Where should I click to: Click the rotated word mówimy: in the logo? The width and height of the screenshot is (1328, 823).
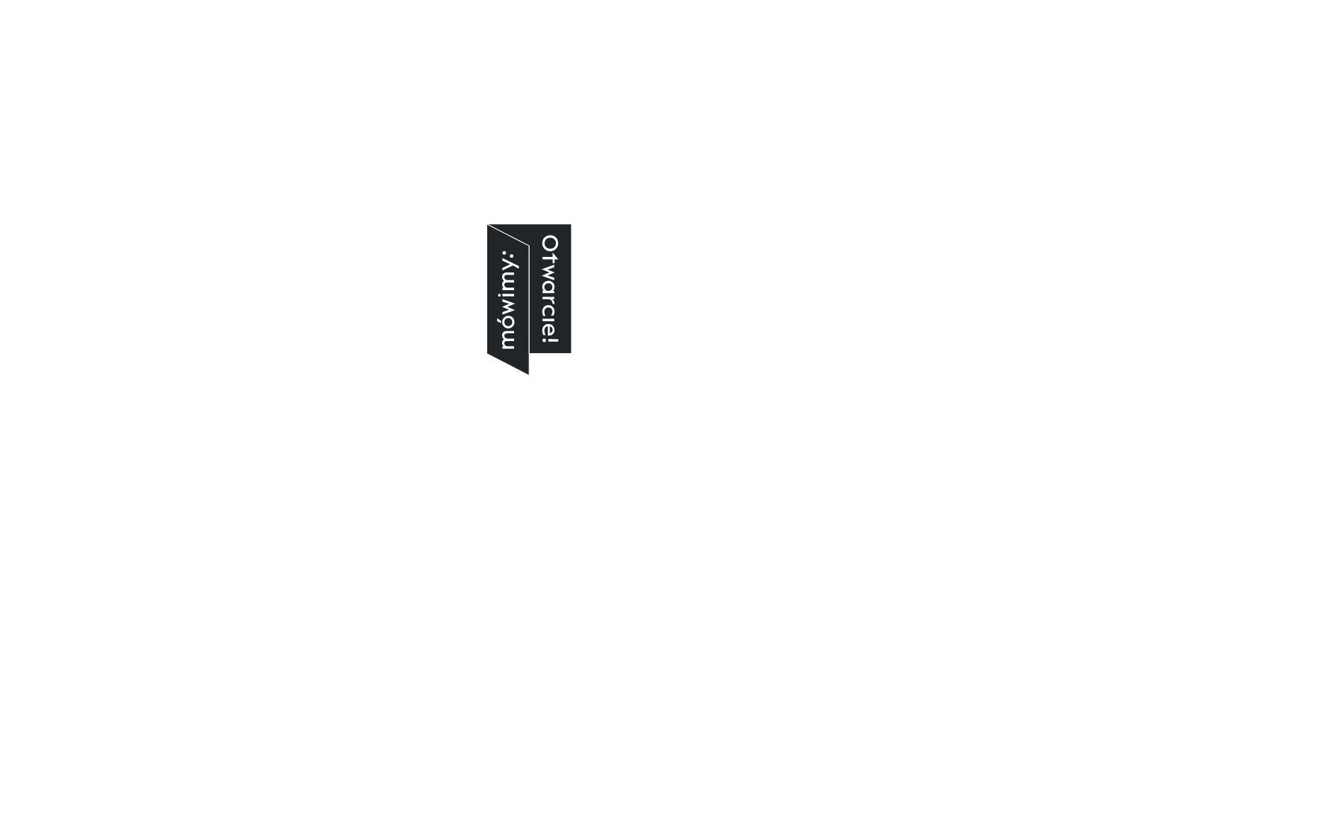tap(509, 299)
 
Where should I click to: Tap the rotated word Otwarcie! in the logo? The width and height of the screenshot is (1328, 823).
tap(550, 291)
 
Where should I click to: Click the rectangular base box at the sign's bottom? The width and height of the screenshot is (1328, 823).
tap(528, 737)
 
